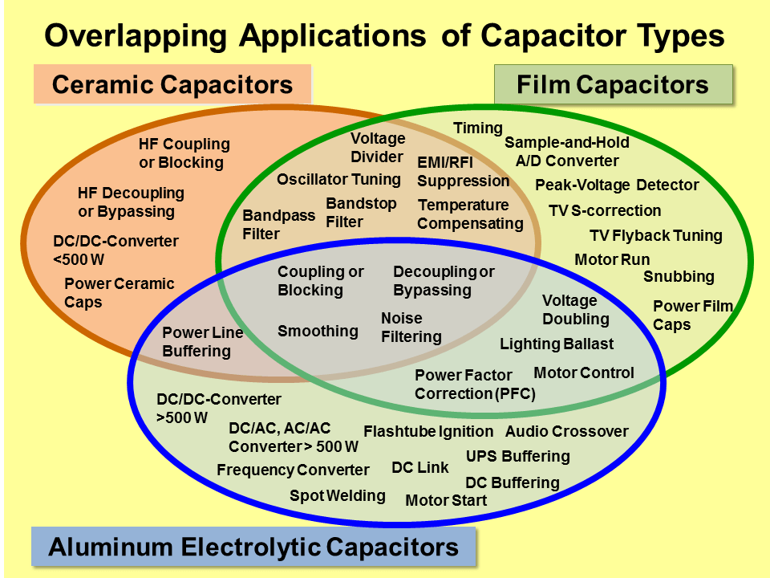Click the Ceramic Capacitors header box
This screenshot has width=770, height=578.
pos(172,85)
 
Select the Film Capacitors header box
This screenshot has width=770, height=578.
pos(613,85)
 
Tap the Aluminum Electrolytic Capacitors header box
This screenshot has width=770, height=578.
pos(253,547)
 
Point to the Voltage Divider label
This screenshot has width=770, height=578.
pos(378,147)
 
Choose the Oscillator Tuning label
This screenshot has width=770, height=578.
pos(338,179)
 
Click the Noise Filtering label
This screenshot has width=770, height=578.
pos(411,328)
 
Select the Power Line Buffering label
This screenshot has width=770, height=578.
pos(202,342)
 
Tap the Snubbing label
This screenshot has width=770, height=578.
pos(679,277)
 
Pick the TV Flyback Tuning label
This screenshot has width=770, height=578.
pos(656,236)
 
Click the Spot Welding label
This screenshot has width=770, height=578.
pos(337,496)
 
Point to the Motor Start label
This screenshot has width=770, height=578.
pos(446,501)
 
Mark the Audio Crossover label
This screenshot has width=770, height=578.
pos(566,432)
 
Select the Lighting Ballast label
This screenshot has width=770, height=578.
pos(557,344)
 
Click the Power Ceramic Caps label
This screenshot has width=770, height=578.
pos(119,293)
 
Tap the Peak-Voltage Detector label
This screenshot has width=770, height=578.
pos(617,185)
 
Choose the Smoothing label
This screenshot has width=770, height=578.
pos(318,331)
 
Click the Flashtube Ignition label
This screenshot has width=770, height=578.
pos(428,432)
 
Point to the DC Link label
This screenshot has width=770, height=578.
pos(420,468)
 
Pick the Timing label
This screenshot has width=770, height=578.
pos(478,128)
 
